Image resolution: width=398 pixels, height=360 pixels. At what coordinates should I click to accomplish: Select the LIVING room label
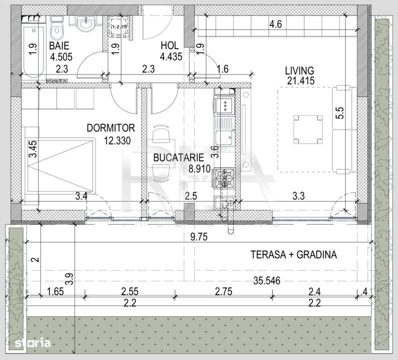pos(300,70)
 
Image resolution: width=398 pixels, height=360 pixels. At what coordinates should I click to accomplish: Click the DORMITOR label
pos(108,128)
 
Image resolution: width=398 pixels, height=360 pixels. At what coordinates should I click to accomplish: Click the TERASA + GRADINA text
pos(294,254)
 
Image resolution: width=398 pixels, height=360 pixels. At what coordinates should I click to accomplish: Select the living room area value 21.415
pos(300,80)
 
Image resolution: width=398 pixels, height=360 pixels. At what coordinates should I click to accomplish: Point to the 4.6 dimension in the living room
pos(276,23)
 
